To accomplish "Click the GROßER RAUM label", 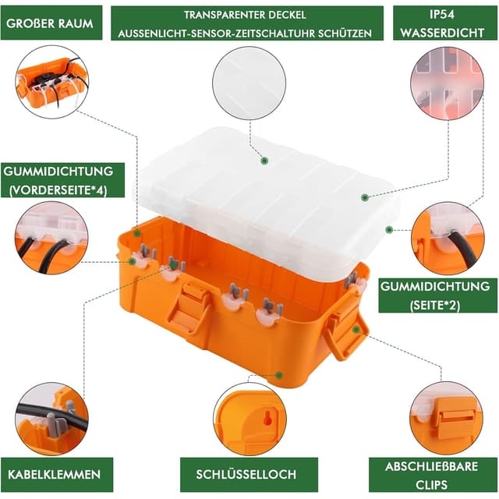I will click(x=51, y=23).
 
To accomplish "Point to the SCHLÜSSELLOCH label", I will click(x=247, y=474).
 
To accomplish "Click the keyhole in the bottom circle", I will click(x=268, y=419).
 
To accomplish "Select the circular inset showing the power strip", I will click(x=51, y=81).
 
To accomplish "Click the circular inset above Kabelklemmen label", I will click(x=51, y=418).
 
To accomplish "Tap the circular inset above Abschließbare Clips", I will click(x=446, y=418).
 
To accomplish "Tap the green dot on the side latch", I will click(x=356, y=329).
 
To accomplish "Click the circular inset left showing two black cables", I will click(x=51, y=237).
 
